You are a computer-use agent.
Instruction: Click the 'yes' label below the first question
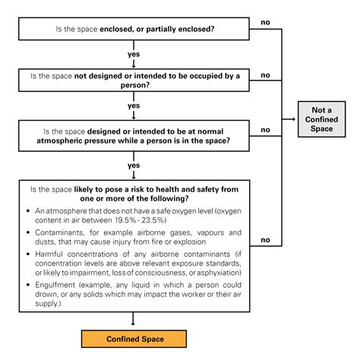pos(134,54)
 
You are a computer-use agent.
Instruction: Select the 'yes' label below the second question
pos(134,106)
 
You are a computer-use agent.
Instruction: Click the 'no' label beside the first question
pos(265,21)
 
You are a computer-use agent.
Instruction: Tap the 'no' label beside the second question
pos(265,75)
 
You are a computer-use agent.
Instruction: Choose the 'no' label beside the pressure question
pos(265,130)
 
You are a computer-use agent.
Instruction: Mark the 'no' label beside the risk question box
pos(265,240)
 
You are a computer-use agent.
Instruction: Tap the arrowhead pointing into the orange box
pos(134,325)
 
